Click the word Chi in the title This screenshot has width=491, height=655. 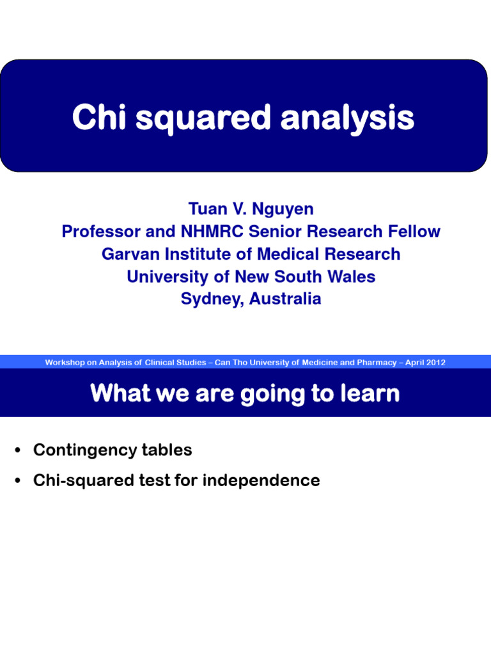93,118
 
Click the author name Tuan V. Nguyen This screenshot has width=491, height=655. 251,209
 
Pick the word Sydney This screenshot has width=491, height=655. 210,299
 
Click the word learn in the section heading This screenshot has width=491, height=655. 370,393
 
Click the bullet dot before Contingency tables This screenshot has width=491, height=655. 19,451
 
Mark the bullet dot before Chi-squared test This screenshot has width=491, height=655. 19,481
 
